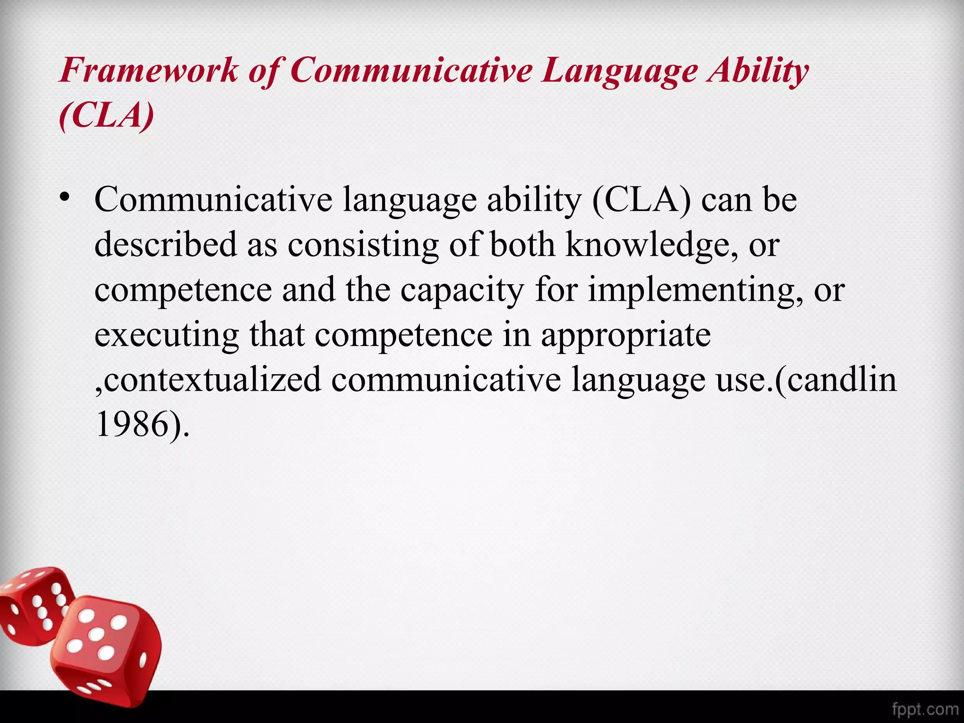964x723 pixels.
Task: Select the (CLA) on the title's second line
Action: [x=106, y=115]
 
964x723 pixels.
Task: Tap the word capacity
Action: [x=462, y=290]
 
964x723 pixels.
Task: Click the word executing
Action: [x=167, y=335]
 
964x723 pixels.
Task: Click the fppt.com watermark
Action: [x=924, y=709]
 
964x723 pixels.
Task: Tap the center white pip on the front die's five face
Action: [x=97, y=634]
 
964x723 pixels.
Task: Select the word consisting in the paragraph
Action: [x=363, y=245]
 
